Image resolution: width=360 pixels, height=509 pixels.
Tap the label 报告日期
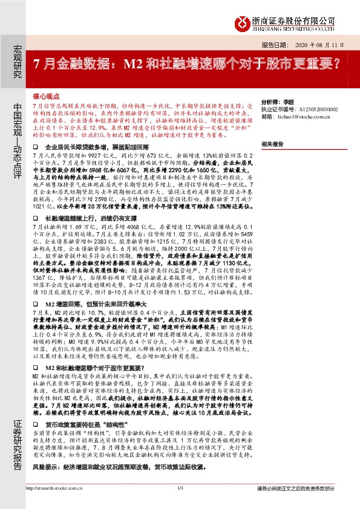(x=273, y=45)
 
